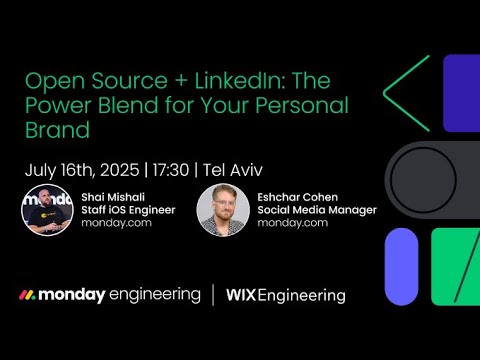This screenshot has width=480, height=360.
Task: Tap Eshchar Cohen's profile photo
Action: coord(223,209)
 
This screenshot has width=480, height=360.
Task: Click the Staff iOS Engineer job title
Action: coord(128,210)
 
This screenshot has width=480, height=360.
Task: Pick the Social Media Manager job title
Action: coord(317,210)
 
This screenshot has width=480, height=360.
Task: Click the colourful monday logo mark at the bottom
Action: coord(29,295)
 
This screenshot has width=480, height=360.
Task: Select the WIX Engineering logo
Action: coord(286,295)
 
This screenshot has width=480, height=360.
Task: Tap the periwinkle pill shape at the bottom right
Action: coord(401,265)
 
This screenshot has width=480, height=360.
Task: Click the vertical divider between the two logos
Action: coord(212,295)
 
